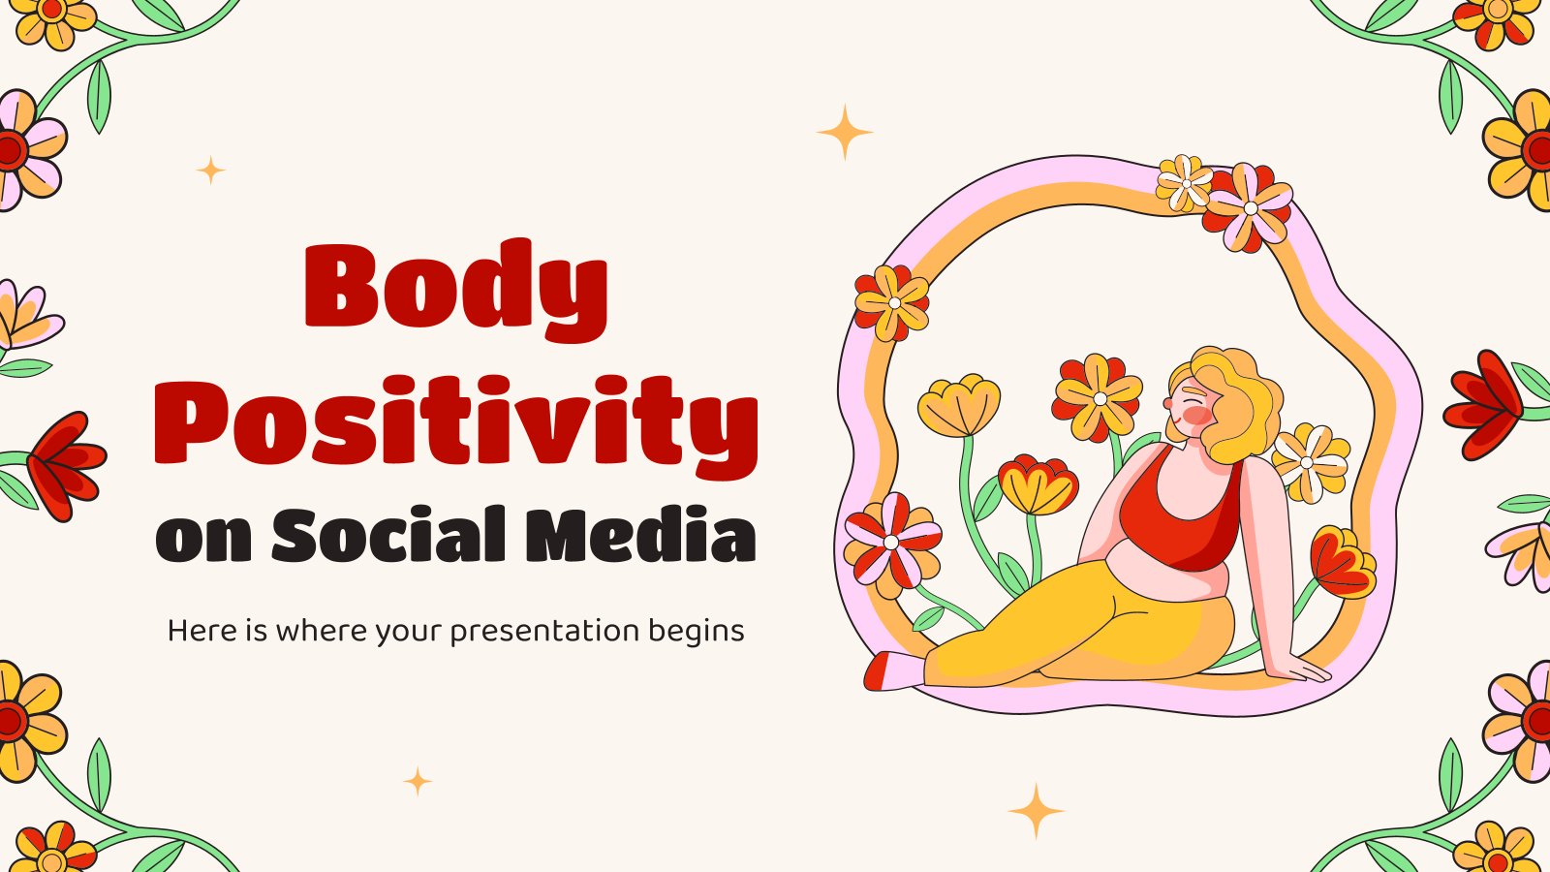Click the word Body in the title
[456, 291]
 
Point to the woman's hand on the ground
[1304, 669]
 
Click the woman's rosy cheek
[1195, 416]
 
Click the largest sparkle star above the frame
[844, 132]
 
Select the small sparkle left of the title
[210, 171]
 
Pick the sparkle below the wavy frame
[1036, 811]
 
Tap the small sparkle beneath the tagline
[418, 781]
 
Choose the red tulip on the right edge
[1483, 404]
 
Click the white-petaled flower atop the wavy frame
[1185, 183]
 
